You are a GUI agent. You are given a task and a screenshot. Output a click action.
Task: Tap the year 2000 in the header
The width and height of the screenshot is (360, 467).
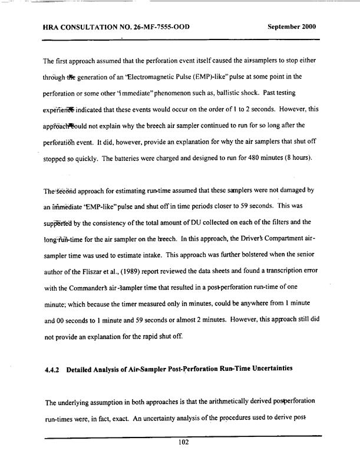(x=310, y=27)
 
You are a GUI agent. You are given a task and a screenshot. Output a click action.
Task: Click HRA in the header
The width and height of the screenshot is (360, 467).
(x=54, y=27)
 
